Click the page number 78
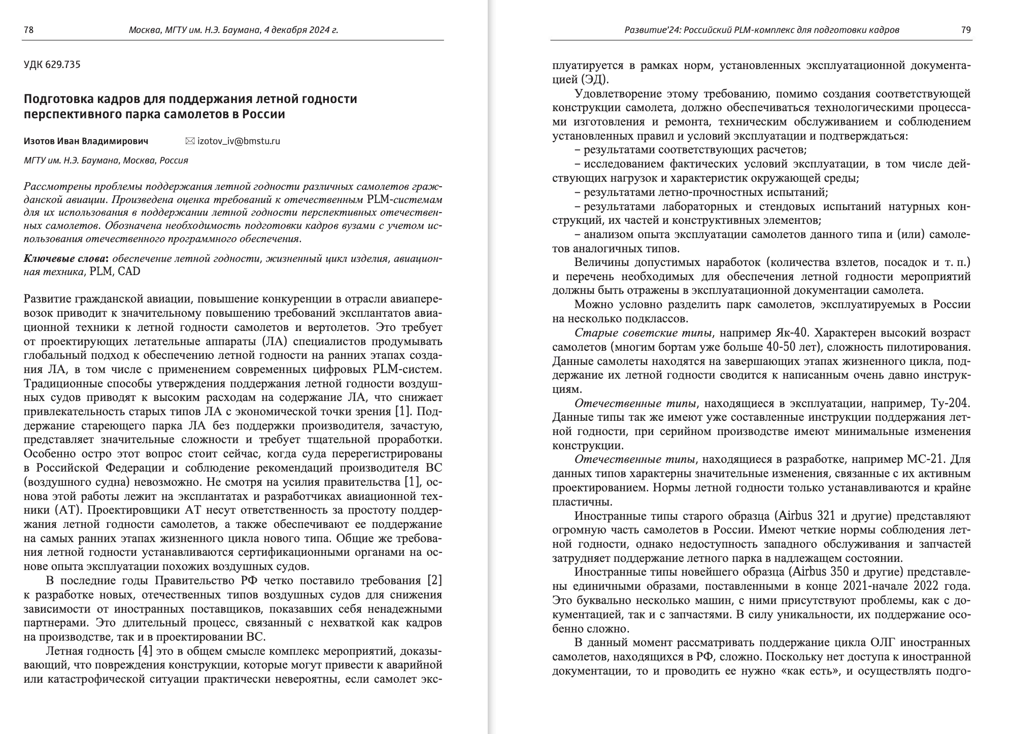[x=28, y=30]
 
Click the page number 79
[x=966, y=30]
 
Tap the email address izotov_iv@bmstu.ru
[x=239, y=141]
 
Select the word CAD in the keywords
[x=129, y=272]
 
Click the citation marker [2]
[x=435, y=581]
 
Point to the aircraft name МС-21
[x=926, y=459]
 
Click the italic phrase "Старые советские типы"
[x=643, y=333]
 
